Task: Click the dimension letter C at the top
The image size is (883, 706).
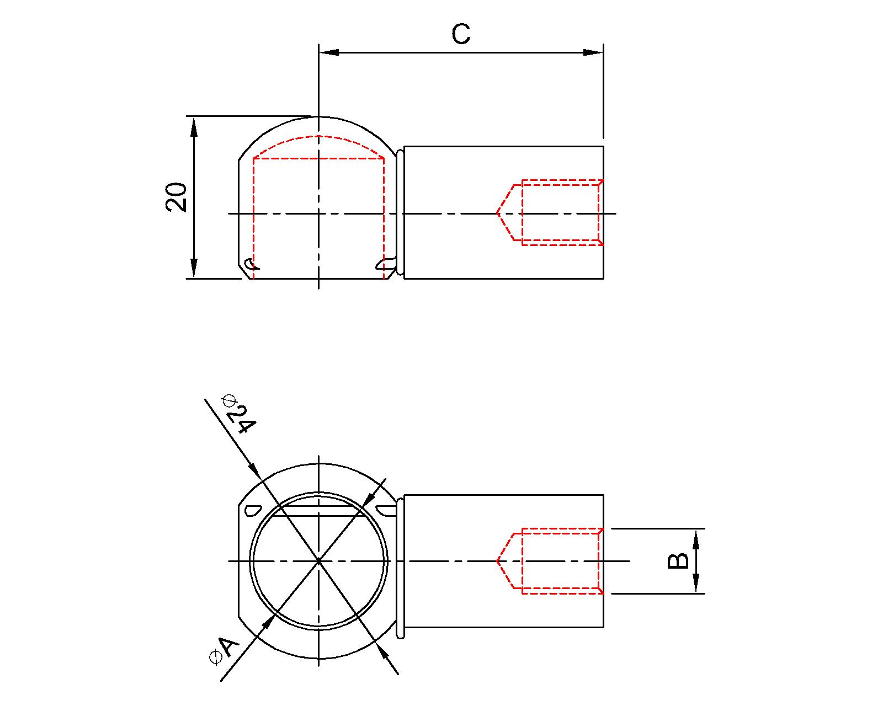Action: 461,34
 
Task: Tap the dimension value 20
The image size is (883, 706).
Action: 177,197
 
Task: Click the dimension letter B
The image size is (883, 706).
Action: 678,560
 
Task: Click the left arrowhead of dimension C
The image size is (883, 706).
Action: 328,52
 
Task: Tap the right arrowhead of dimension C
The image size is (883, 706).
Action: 594,52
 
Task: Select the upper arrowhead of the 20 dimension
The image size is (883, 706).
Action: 194,126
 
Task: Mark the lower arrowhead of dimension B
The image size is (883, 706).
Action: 696,585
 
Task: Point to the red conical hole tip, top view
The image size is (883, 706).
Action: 498,213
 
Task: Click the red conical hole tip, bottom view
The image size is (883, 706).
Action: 498,561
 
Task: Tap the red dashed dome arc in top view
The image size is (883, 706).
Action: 319,136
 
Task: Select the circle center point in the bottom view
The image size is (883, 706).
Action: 319,561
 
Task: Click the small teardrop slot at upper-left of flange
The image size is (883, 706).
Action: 252,510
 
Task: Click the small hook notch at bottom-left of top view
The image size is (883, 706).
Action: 250,264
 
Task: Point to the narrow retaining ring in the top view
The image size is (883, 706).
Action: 400,212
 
